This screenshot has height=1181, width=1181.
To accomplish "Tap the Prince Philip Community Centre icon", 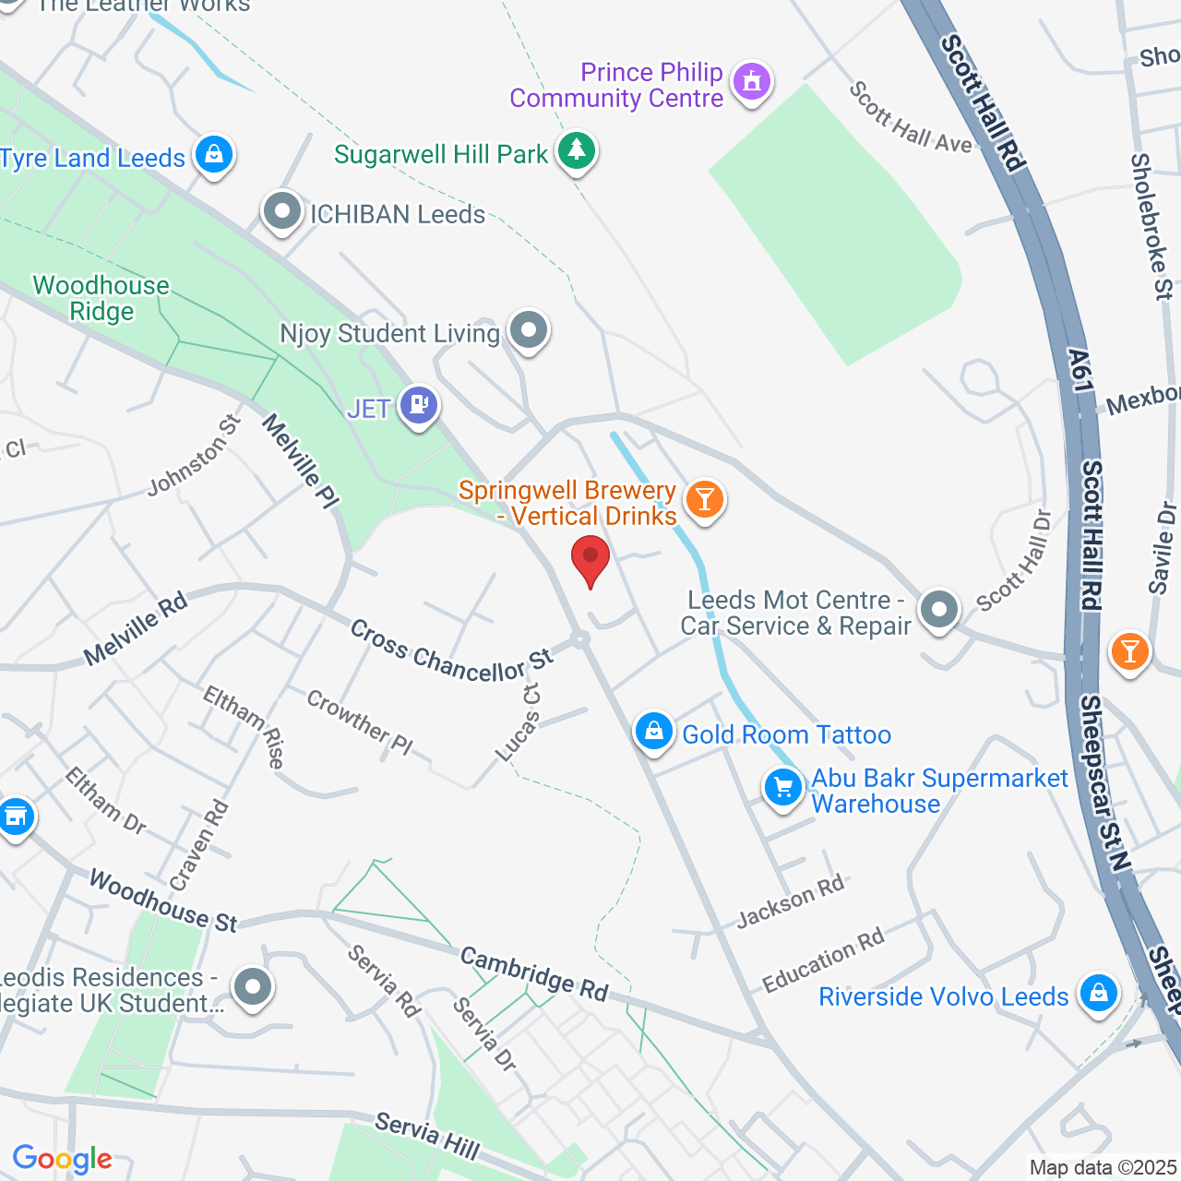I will point(752,81).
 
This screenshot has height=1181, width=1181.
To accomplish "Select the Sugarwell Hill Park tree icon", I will point(577,149).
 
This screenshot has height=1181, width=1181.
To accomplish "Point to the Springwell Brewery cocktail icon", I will point(705,499).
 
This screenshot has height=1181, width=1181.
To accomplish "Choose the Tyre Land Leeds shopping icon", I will point(214,154).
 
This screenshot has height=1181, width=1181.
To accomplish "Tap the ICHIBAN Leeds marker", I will point(282,212).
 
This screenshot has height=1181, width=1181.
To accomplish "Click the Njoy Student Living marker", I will point(529,329).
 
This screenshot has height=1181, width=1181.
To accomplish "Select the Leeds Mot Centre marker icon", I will point(939,609).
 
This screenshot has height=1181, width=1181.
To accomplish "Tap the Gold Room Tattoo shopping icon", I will point(653,732).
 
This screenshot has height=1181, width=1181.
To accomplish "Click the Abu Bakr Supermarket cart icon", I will point(783,788).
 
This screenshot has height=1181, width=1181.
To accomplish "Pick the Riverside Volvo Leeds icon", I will point(1098,994).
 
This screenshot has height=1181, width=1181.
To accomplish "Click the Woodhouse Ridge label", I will point(101,298).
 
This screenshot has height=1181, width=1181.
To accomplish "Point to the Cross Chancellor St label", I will point(451,651).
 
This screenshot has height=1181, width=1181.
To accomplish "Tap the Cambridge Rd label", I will point(534,974).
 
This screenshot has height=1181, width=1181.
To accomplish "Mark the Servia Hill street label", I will point(427,1136).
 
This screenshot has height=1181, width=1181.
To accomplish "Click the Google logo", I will point(62,1159).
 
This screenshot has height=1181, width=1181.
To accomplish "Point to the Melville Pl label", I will point(301,460).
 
